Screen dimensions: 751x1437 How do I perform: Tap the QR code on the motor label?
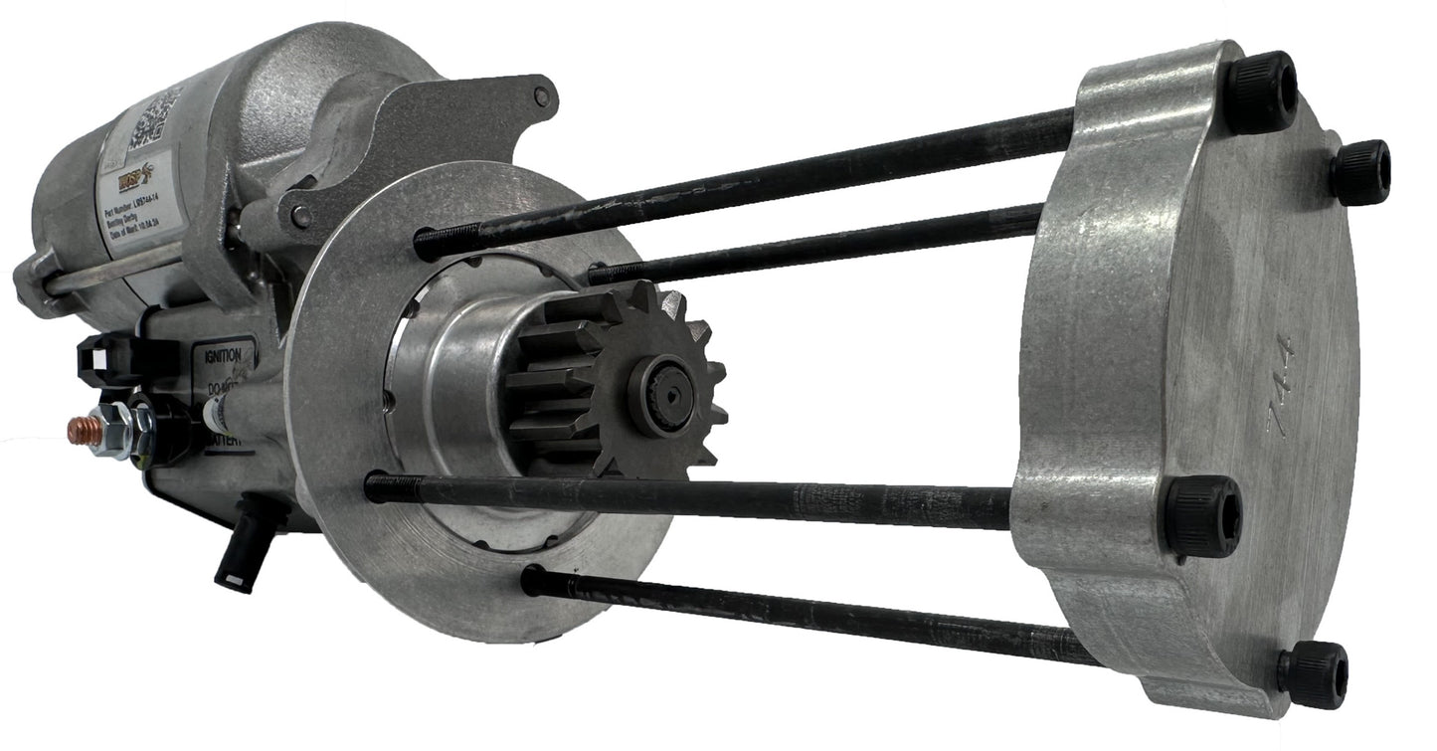coord(156,117)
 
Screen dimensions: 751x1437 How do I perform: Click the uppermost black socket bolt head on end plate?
coord(1259,93)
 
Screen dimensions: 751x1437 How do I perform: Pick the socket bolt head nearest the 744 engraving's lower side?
coord(1203,516)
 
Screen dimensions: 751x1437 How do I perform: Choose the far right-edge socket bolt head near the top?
coord(1359,171)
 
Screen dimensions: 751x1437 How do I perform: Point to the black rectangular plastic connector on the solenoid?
coord(104,360)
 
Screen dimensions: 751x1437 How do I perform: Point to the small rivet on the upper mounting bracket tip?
coord(541,96)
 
